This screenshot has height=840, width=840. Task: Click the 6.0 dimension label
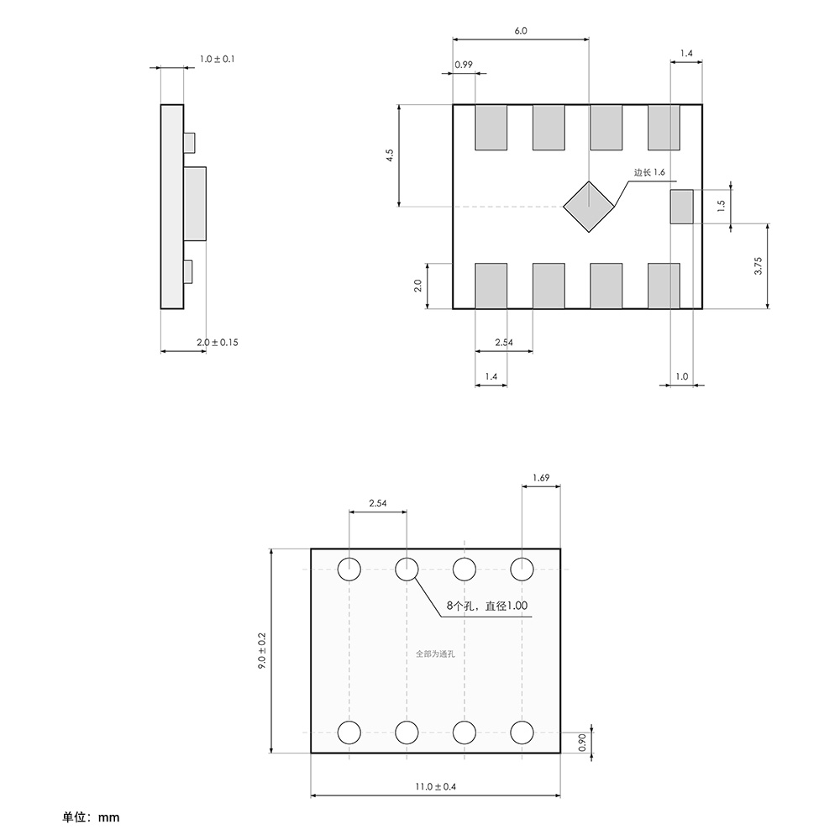pyautogui.click(x=520, y=30)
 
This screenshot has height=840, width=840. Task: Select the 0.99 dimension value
pyautogui.click(x=464, y=65)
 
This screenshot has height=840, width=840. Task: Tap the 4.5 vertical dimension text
pyautogui.click(x=390, y=155)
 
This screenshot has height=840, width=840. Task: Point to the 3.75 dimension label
pyautogui.click(x=758, y=266)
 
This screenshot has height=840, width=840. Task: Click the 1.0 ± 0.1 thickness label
pyautogui.click(x=217, y=59)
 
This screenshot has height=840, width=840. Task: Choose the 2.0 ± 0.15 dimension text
pyautogui.click(x=217, y=343)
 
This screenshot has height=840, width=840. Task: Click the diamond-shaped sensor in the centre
pyautogui.click(x=588, y=207)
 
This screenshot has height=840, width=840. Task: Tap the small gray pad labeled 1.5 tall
pyautogui.click(x=681, y=207)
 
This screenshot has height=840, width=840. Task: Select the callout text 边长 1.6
pyautogui.click(x=649, y=172)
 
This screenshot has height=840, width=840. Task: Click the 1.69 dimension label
pyautogui.click(x=541, y=477)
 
